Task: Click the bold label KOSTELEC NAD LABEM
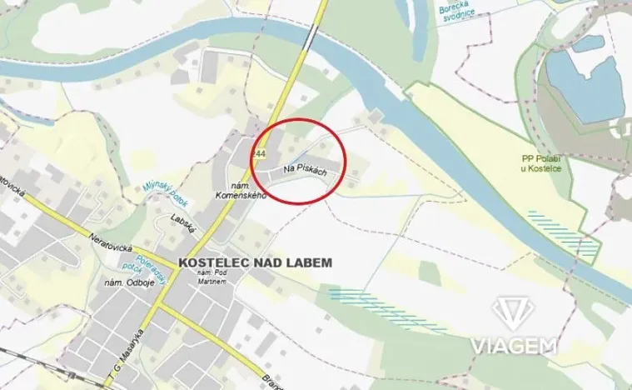255,262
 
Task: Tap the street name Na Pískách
302,170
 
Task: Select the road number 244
260,154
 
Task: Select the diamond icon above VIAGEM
513,314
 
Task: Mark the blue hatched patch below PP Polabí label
565,231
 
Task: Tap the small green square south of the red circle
429,271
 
